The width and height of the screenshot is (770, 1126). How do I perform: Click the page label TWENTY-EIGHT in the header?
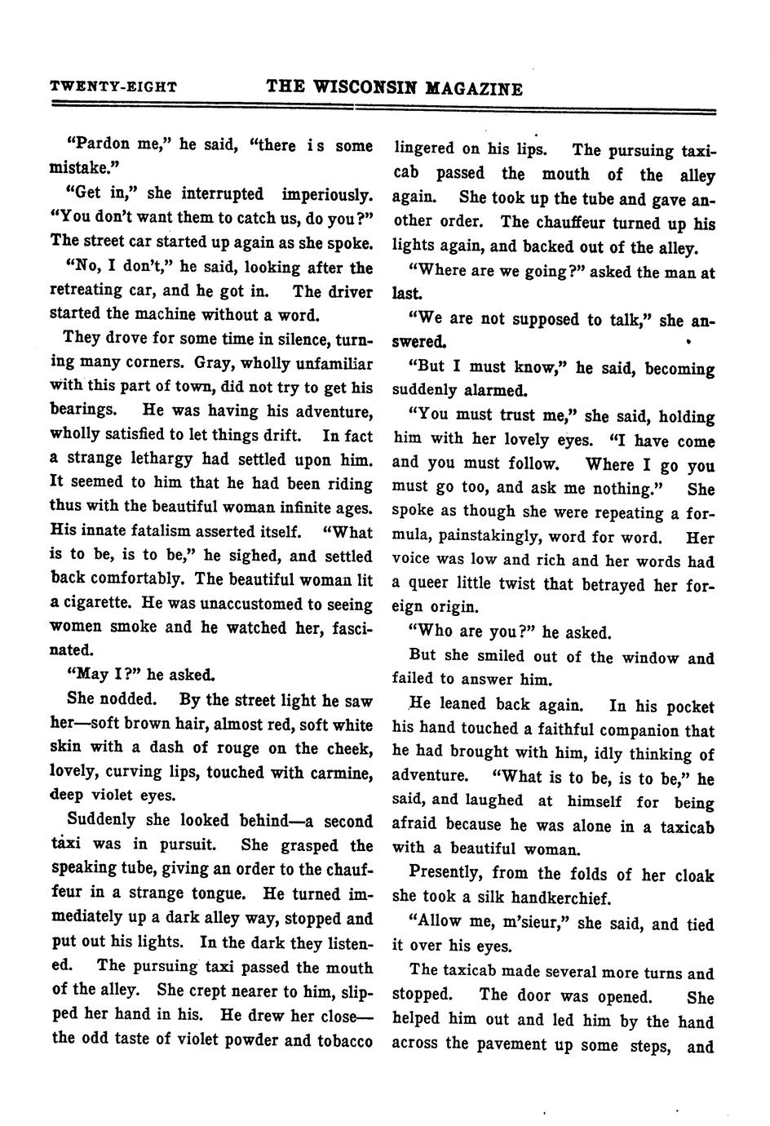tap(113, 86)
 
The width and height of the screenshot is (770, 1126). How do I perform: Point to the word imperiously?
tap(327, 194)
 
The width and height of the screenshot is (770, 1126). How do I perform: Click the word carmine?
tap(336, 772)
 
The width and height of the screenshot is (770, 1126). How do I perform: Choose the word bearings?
tap(88, 410)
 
